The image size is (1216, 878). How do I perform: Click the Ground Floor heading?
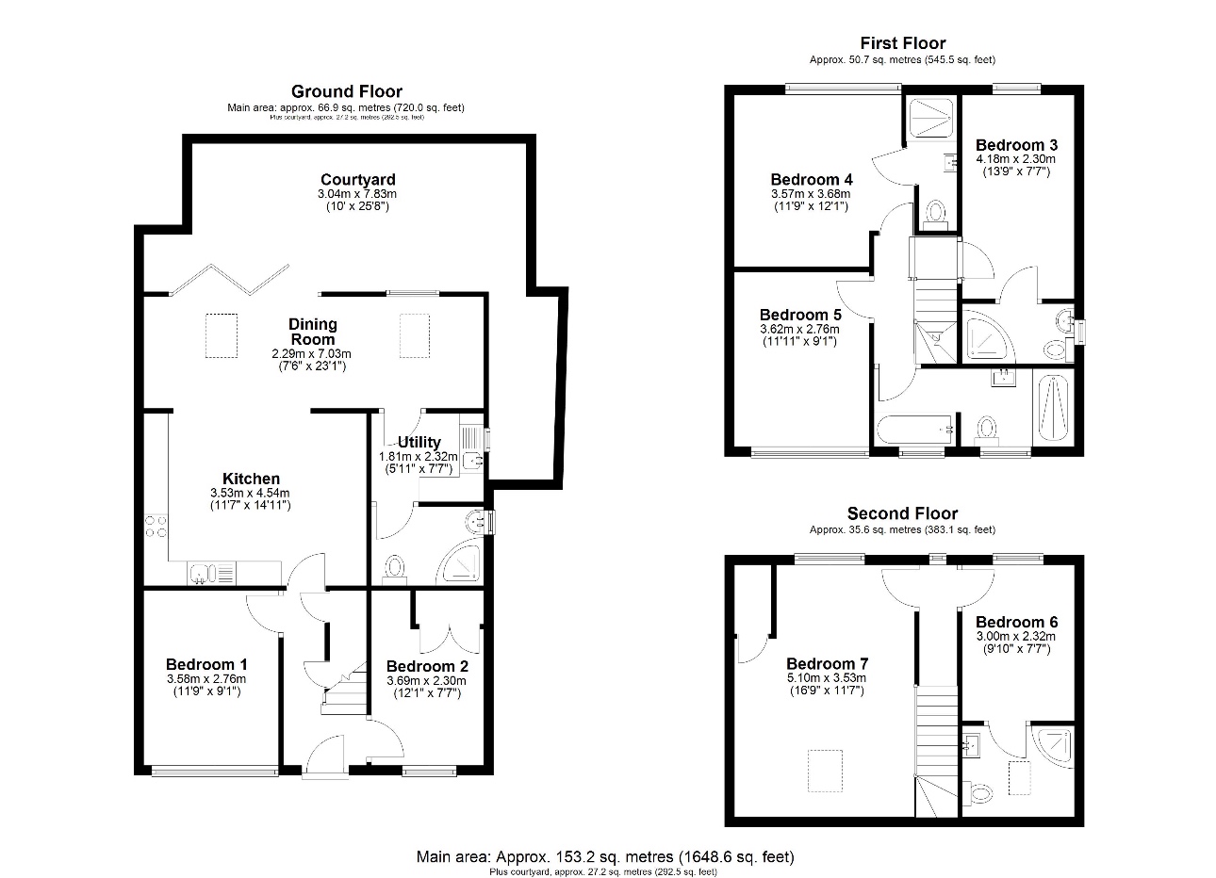click(346, 91)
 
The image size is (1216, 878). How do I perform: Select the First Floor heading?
click(902, 42)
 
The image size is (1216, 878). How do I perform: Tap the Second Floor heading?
click(902, 513)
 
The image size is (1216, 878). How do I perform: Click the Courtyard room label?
click(357, 180)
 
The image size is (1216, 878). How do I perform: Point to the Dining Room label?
click(312, 332)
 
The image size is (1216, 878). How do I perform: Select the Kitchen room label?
click(251, 479)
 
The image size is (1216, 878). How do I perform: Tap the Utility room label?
click(419, 442)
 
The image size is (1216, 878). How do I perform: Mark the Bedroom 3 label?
click(1016, 145)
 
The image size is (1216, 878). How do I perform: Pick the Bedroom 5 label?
click(799, 315)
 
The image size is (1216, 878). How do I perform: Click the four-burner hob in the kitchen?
click(156, 527)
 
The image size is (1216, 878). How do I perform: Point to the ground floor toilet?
click(394, 567)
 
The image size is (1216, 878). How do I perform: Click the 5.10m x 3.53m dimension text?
click(827, 677)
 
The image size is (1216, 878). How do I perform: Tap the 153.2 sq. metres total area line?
click(605, 857)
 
